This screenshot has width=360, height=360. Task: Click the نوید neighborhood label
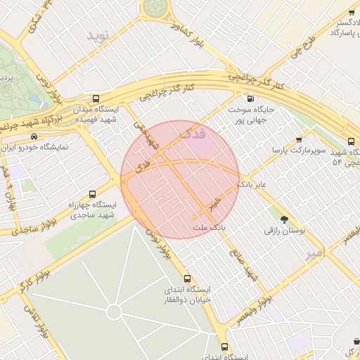click(x=99, y=36)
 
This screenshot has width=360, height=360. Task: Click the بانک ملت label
click(x=209, y=228)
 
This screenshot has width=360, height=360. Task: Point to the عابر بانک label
click(x=254, y=184)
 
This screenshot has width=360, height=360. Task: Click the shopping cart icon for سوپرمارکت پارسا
click(x=300, y=140)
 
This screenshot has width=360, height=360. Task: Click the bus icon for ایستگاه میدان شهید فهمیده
click(x=96, y=99)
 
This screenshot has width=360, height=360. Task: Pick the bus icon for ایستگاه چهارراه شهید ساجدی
click(x=92, y=194)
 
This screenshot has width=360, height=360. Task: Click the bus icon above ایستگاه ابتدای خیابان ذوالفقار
click(x=187, y=278)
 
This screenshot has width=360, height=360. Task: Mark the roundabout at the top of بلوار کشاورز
click(x=155, y=6)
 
